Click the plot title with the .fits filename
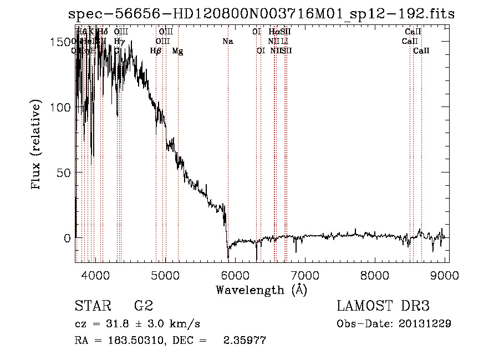261,13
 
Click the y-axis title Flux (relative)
37,146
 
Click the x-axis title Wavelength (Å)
261,290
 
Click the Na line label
228,41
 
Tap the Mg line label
177,51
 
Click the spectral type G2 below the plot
143,306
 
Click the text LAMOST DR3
383,306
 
